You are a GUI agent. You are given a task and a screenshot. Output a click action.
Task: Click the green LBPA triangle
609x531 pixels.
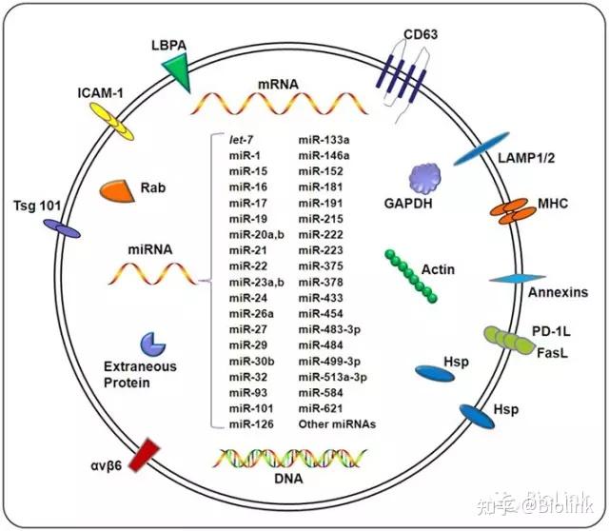click(177, 69)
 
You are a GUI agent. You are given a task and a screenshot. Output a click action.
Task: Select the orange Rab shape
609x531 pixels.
click(116, 190)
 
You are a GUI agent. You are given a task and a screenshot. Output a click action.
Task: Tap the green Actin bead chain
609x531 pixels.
click(412, 277)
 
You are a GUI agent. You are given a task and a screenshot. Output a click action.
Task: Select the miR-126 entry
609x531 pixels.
click(247, 423)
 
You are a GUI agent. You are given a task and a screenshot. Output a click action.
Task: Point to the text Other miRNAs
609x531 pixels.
click(337, 423)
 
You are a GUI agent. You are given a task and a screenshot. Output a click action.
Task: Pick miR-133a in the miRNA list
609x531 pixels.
click(324, 140)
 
